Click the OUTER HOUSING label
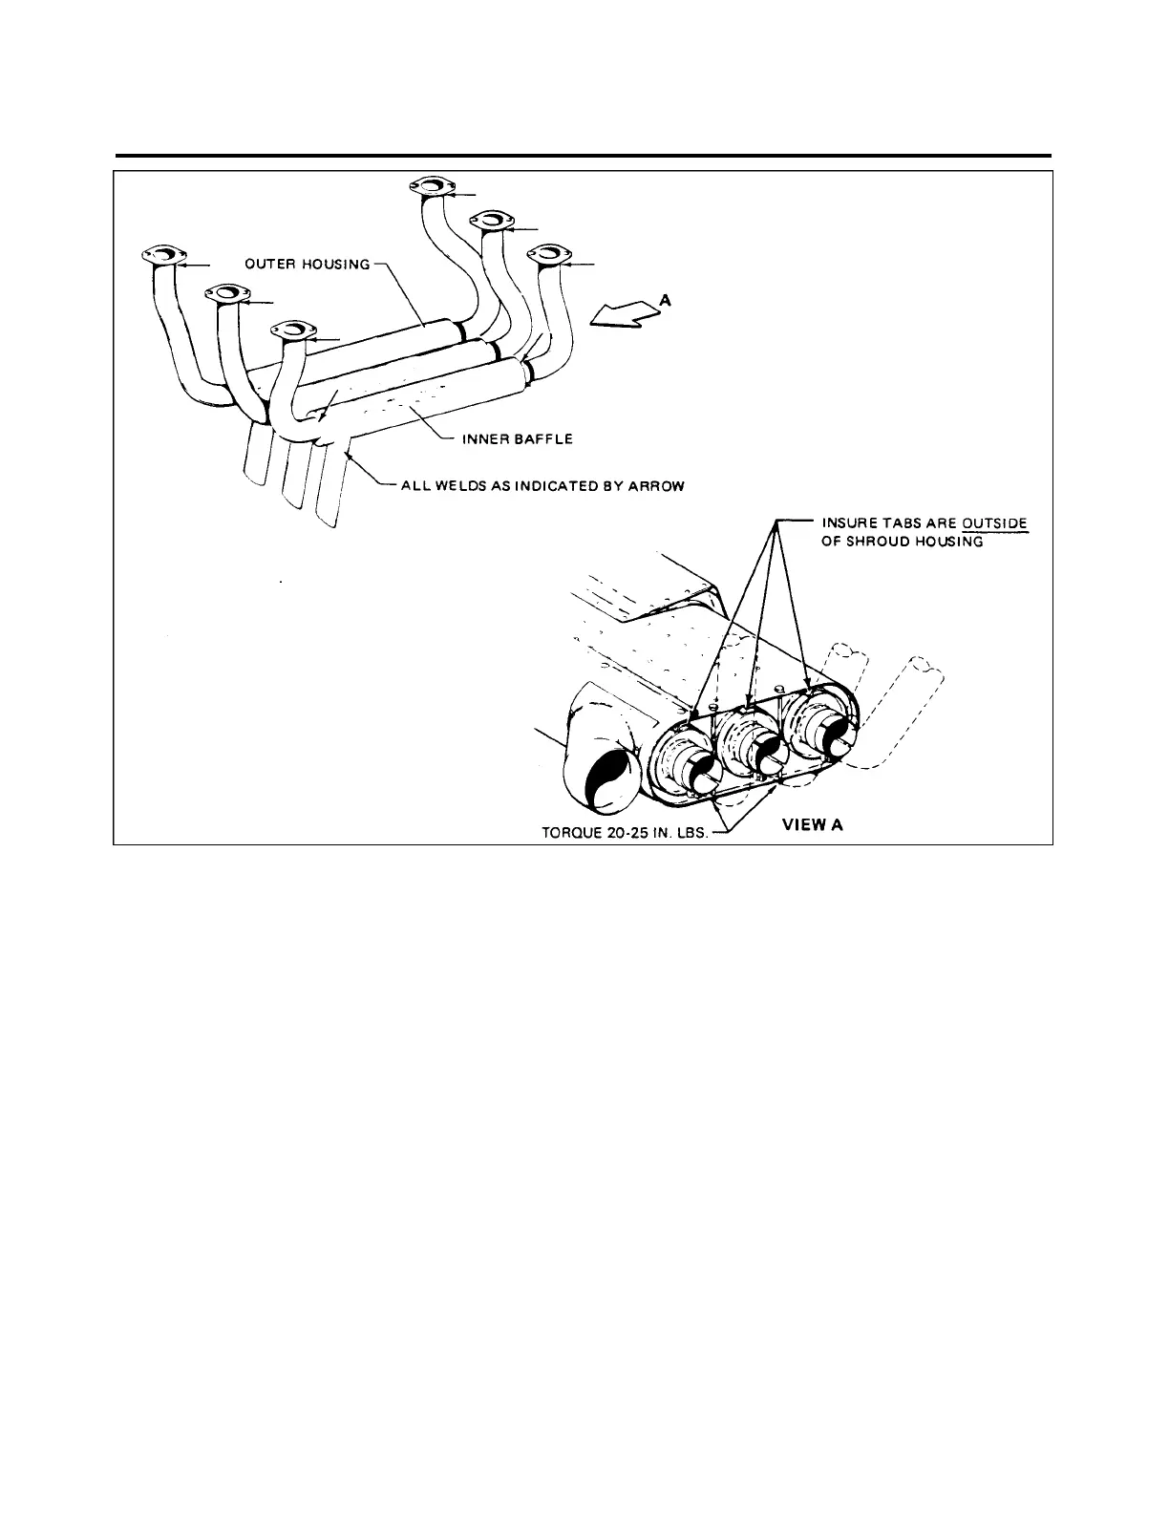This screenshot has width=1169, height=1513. pyautogui.click(x=307, y=265)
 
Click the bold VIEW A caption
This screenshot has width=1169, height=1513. pyautogui.click(x=813, y=824)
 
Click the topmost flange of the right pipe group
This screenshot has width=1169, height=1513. pyautogui.click(x=428, y=185)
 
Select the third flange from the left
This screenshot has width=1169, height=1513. pyautogui.click(x=294, y=330)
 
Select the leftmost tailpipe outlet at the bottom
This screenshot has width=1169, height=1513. pyautogui.click(x=259, y=456)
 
